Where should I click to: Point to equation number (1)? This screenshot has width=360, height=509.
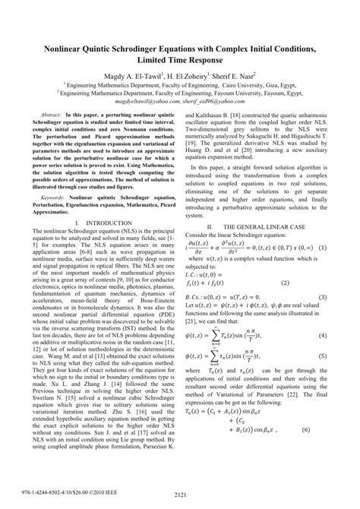pos(323,248)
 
